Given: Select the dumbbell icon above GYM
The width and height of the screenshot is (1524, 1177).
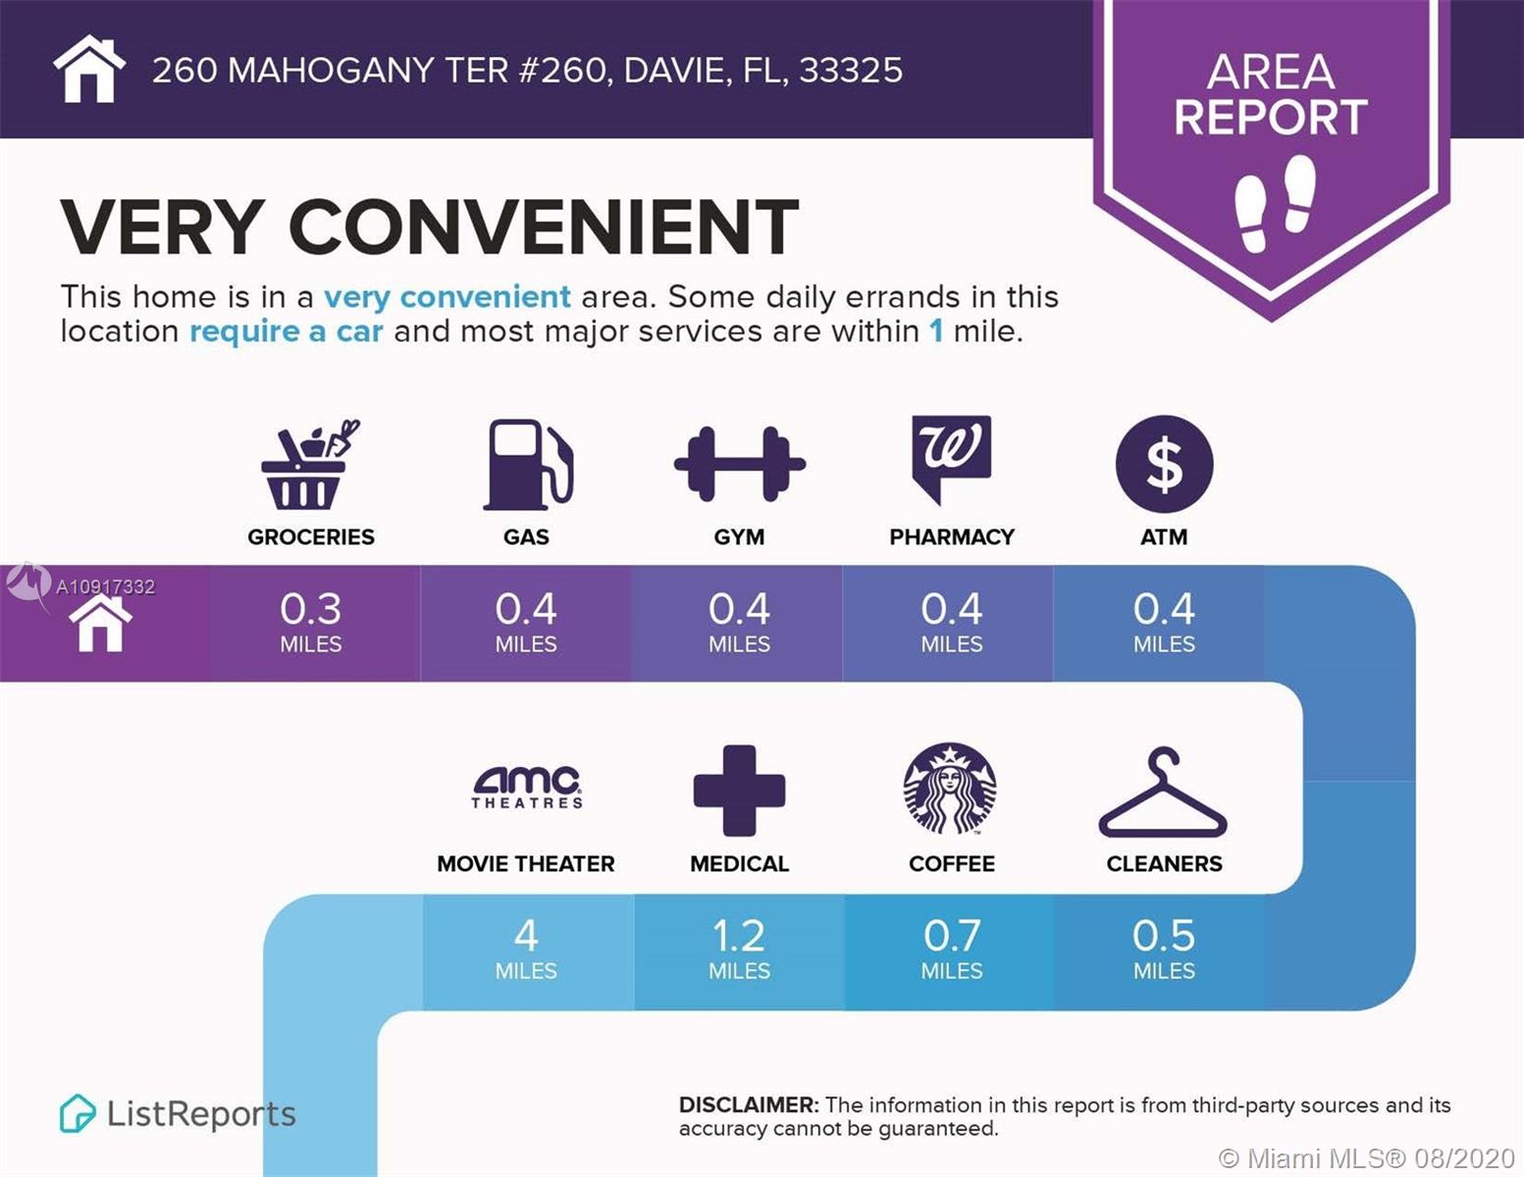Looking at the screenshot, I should pos(739,464).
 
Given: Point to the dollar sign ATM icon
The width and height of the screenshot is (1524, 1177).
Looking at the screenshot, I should pos(1164,464).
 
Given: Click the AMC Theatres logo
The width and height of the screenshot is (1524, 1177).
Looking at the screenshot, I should pos(527,788).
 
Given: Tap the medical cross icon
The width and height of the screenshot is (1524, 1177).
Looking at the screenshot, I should pos(739,791).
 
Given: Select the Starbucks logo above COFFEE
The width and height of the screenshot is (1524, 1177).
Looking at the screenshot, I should pos(950,789).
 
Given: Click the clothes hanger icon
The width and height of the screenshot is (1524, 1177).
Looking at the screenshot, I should pos(1163,793).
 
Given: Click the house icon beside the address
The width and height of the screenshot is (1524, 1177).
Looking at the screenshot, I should pos(89,69).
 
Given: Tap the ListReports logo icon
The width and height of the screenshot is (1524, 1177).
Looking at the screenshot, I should pos(78,1113).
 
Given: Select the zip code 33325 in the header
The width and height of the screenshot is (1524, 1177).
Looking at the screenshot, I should pos(851,71).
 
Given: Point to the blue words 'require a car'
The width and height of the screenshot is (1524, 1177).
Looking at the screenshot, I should pos(286,332).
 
